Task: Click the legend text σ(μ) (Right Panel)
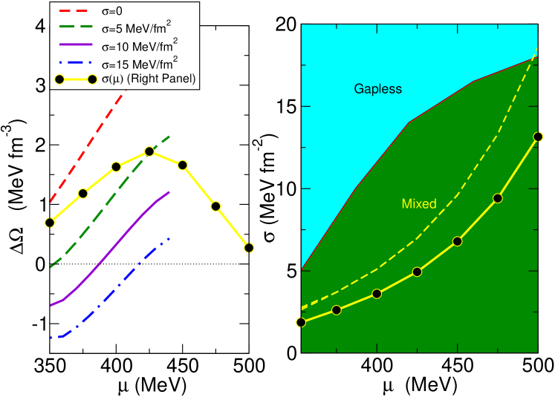coord(148,79)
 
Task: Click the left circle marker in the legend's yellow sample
coord(59,79)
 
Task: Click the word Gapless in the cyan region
coord(377,89)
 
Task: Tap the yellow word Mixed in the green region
coord(419,203)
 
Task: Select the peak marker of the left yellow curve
coord(149,151)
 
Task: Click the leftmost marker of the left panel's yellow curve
coord(50,223)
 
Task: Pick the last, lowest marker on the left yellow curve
coord(249,247)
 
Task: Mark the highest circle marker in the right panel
coord(538,137)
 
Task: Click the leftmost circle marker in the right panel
coord(301,322)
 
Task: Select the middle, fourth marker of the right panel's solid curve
coord(417,272)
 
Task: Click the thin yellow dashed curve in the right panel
coord(457,194)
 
